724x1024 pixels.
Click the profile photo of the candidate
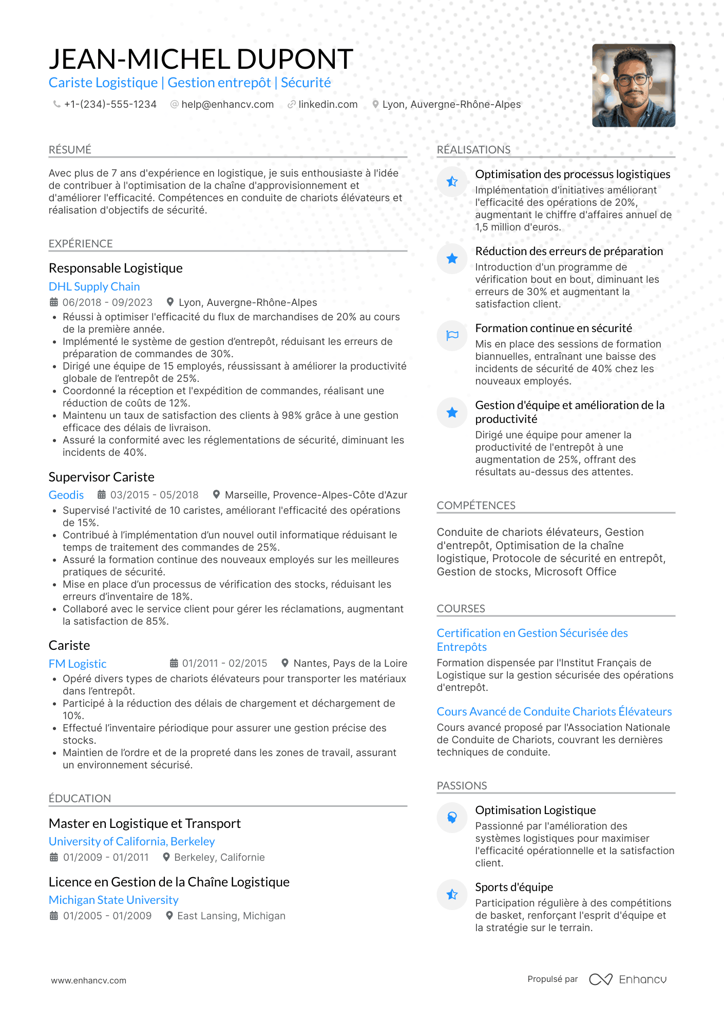coord(633,85)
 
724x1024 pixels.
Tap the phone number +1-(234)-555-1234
coord(110,104)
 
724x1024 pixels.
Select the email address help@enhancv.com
coord(227,104)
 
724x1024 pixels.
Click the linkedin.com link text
coord(328,104)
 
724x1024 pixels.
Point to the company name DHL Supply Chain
coord(94,286)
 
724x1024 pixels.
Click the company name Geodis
coord(66,495)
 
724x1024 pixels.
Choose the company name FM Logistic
coord(78,664)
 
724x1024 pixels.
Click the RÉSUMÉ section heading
coord(70,149)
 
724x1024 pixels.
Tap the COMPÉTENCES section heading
coord(476,505)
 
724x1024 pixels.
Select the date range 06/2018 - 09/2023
coord(107,302)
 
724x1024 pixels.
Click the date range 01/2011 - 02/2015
coord(224,663)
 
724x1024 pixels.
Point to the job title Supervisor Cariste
coord(101,477)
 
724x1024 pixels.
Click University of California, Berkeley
coord(131,841)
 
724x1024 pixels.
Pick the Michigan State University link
coord(113,900)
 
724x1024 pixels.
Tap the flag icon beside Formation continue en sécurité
coord(452,336)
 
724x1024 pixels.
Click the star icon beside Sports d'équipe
coord(452,895)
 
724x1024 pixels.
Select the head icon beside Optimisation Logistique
coord(452,818)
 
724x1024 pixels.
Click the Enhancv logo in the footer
coord(627,979)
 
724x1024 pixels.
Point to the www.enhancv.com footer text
coord(88,980)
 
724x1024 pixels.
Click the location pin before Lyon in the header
coord(375,104)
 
